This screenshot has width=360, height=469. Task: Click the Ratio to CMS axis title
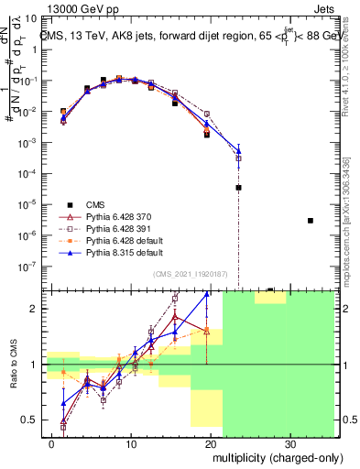tap(14, 364)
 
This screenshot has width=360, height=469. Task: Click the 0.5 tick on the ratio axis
tap(32, 420)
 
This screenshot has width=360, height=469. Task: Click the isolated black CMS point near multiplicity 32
tap(311, 221)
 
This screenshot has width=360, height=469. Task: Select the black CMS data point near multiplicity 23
tap(238, 187)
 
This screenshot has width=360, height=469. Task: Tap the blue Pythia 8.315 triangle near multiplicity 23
tap(238, 150)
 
